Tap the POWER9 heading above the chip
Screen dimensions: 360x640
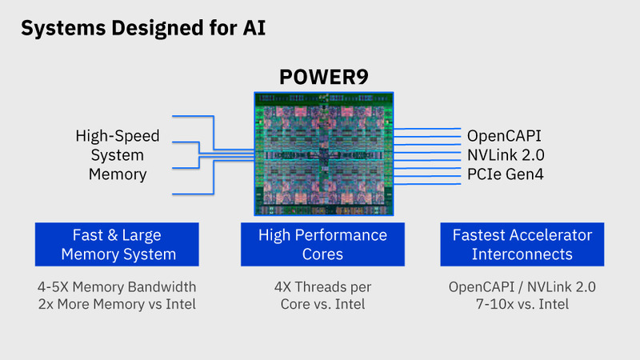(322, 78)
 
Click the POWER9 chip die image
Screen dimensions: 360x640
(323, 153)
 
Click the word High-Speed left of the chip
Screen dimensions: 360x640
(118, 135)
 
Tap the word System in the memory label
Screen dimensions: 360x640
(118, 154)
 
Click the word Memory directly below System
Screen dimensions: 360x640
(118, 174)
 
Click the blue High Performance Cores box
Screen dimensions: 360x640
(322, 245)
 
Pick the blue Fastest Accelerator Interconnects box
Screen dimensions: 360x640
(522, 245)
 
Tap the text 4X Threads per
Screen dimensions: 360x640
(322, 286)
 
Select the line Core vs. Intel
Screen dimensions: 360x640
(322, 304)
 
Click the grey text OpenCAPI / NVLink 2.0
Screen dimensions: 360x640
(522, 286)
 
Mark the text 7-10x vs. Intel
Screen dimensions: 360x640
(522, 304)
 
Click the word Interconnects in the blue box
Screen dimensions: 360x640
(522, 254)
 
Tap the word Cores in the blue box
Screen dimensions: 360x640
(322, 254)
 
